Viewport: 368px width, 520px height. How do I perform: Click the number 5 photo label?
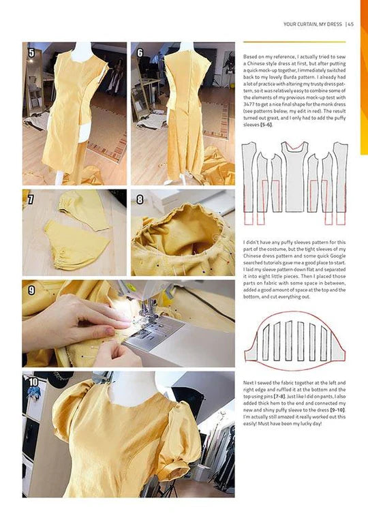[31, 52]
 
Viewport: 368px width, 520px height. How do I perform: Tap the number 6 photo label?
[140, 52]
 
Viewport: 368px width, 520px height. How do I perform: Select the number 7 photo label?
[31, 200]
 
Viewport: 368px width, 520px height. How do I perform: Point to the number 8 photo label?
[140, 200]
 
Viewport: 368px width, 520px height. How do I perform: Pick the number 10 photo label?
[33, 382]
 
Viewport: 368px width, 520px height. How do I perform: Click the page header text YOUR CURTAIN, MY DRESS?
[312, 25]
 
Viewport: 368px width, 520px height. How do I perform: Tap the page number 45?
[350, 25]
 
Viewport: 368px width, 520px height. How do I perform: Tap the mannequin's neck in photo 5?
[82, 50]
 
